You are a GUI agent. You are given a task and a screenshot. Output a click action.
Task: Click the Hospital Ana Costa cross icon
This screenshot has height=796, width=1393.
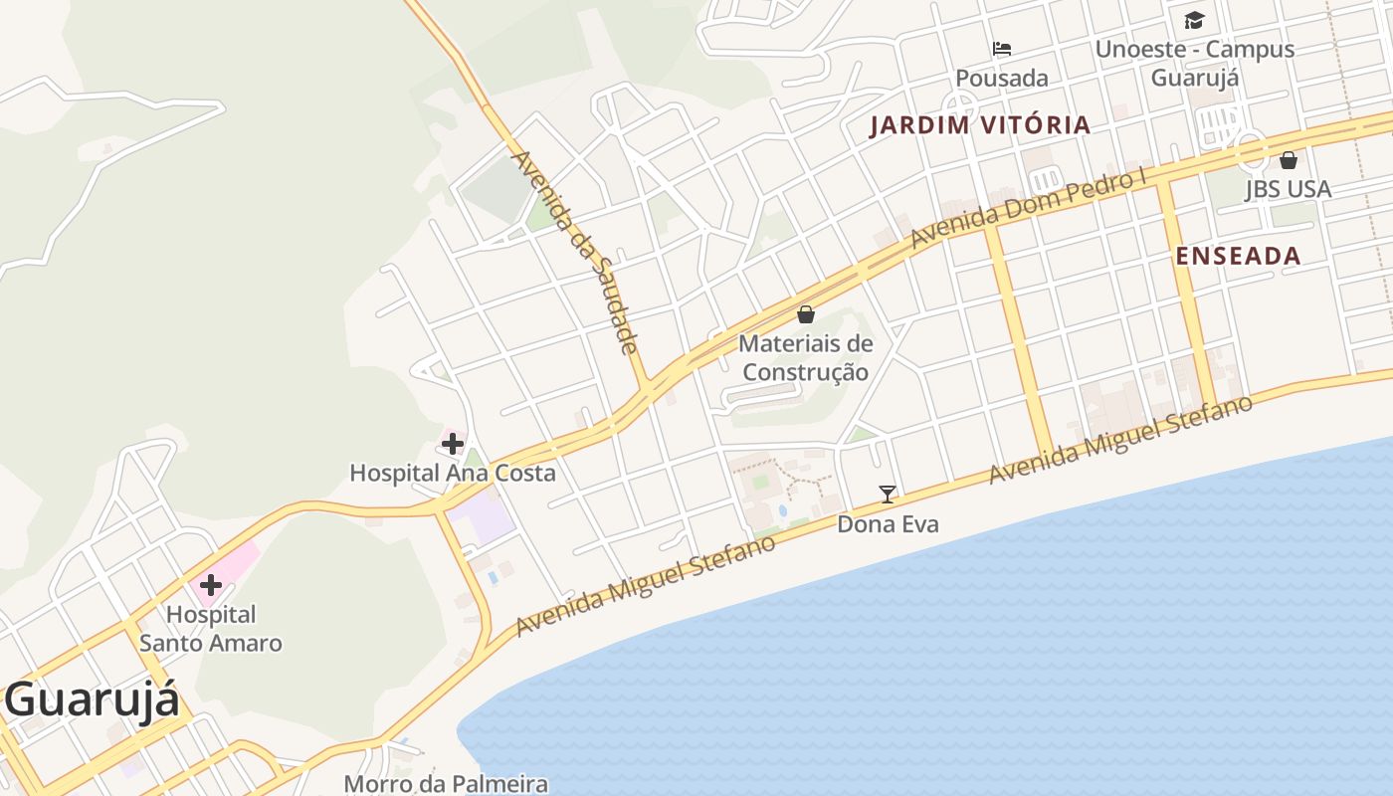[453, 444]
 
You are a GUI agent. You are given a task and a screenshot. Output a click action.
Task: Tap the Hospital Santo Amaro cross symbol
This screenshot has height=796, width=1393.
[211, 585]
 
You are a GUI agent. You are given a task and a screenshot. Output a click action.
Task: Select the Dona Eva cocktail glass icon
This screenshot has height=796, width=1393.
[888, 494]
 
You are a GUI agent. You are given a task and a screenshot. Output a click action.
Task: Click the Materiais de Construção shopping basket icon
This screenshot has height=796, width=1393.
[806, 315]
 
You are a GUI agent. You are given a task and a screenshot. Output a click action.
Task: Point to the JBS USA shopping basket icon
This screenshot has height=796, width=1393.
[1289, 160]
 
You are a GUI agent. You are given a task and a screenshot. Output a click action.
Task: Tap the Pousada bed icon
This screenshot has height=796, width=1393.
[1002, 49]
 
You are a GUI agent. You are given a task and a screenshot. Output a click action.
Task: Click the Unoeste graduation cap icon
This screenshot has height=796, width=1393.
[1194, 21]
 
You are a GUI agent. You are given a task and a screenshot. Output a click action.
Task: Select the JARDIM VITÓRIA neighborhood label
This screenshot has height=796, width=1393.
[980, 125]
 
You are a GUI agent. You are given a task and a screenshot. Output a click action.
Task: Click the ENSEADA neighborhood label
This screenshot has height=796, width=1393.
[1238, 256]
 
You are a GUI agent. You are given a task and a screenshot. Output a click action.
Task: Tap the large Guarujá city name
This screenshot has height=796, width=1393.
[92, 699]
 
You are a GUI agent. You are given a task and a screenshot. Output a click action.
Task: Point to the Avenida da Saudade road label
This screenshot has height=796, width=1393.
[574, 253]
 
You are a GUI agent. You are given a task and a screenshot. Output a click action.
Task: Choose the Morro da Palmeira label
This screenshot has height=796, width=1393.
[446, 784]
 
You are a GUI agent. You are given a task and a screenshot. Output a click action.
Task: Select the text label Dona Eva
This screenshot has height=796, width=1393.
[888, 523]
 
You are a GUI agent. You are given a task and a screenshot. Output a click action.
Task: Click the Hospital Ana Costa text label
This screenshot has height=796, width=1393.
[452, 473]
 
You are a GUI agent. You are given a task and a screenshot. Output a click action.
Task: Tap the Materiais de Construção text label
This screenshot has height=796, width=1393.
[806, 358]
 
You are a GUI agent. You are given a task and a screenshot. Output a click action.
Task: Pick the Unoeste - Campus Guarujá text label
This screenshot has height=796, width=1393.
[1194, 63]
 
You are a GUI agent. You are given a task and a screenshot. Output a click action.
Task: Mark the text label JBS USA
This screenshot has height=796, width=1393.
[1288, 189]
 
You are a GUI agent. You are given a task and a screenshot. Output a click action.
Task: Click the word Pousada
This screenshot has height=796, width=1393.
[1002, 78]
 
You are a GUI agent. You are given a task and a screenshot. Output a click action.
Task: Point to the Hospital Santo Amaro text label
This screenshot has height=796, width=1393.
[211, 629]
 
